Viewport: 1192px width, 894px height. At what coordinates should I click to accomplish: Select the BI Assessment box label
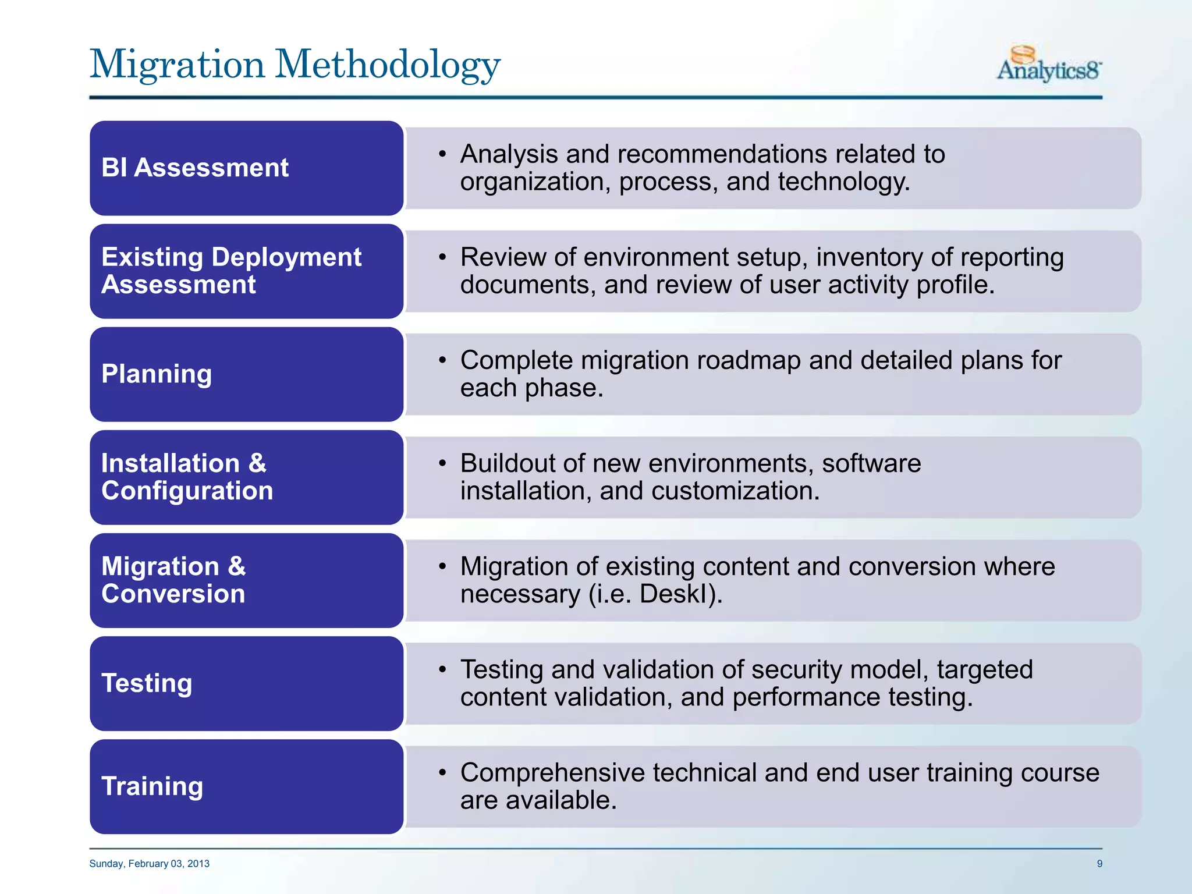tap(194, 168)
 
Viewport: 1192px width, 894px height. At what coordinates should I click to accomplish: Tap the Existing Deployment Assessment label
tap(230, 271)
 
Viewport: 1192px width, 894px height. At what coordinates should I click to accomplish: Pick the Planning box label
tap(156, 374)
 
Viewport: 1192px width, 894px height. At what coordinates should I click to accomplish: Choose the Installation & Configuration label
tap(186, 477)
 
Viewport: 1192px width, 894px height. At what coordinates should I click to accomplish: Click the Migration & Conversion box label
tap(173, 580)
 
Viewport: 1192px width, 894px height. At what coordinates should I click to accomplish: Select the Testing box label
tap(147, 683)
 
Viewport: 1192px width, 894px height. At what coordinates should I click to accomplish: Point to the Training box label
tap(152, 786)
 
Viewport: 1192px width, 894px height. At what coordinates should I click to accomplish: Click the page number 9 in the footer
tap(1099, 864)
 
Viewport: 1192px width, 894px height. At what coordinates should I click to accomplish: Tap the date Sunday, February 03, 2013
tap(149, 864)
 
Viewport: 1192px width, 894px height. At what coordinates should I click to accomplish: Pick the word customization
tap(735, 491)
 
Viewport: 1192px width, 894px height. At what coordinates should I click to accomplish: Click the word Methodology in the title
tap(387, 64)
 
